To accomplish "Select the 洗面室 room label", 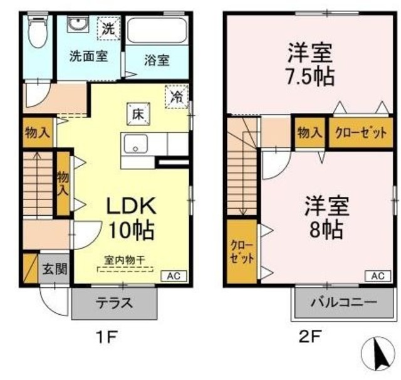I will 88,55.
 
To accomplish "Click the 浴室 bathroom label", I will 156,60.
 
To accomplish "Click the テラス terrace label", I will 114,303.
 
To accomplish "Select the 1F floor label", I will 108,338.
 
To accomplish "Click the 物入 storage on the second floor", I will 309,133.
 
